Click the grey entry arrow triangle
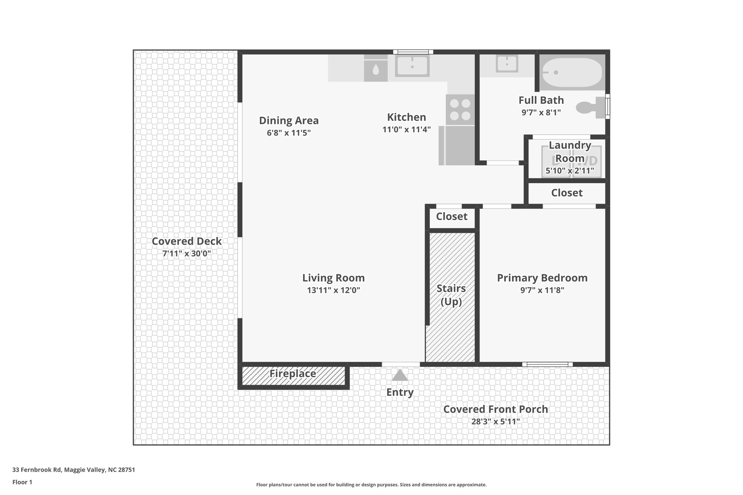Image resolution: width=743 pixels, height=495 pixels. tap(399, 376)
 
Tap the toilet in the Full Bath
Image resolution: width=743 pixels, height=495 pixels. tap(590, 107)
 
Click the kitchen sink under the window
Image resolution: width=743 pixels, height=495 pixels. tap(412, 66)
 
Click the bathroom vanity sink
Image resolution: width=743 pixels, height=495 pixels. tap(507, 64)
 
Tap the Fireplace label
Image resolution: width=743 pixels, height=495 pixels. tap(292, 374)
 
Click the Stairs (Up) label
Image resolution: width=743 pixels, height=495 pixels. tap(451, 295)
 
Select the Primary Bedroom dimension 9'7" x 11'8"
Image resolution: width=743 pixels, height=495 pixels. tap(542, 290)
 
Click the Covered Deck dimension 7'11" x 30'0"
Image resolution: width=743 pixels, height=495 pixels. tap(186, 253)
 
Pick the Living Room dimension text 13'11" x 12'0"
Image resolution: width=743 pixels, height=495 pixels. tap(333, 290)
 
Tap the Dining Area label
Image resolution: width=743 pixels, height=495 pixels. tap(289, 120)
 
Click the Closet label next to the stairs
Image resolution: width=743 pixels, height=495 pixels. tap(451, 216)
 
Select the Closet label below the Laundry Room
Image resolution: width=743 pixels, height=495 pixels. tap(567, 193)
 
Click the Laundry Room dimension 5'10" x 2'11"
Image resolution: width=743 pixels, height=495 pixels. tap(570, 170)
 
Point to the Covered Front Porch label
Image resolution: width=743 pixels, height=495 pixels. tap(496, 409)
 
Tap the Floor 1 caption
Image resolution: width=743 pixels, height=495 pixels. tap(22, 482)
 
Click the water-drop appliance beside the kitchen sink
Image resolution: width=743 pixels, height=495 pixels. tap(375, 69)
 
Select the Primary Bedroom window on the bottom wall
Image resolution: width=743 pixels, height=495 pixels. tap(547, 364)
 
